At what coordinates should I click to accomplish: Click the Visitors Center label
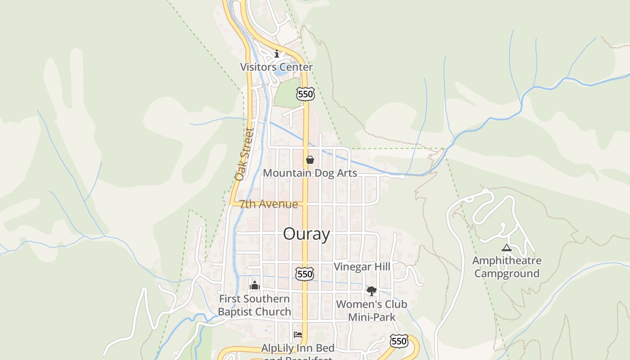pos(276,67)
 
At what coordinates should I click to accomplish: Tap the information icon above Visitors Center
pos(277,54)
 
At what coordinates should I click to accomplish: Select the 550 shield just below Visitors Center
pos(305,94)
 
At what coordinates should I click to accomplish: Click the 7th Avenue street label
pos(268,204)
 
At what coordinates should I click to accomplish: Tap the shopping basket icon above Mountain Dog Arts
pos(310,160)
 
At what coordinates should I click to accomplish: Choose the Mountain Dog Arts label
pos(310,173)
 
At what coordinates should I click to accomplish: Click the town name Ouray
pos(306,234)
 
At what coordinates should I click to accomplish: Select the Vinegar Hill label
pos(362,267)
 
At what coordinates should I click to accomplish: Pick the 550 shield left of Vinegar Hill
pos(305,274)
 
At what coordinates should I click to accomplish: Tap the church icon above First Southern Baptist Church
pos(255,285)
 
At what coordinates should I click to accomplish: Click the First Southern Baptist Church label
pos(255,305)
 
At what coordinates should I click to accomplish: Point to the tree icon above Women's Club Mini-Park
pos(372,291)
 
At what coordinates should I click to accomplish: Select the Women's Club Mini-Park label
pos(372,310)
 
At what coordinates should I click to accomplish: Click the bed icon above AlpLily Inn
pos(297,334)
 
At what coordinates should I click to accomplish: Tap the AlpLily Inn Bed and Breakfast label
pos(298,351)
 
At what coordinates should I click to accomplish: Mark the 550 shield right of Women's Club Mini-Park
pos(399,341)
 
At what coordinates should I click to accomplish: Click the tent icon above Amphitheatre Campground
pos(507,247)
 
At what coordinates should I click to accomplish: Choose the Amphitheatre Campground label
pos(507,267)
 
